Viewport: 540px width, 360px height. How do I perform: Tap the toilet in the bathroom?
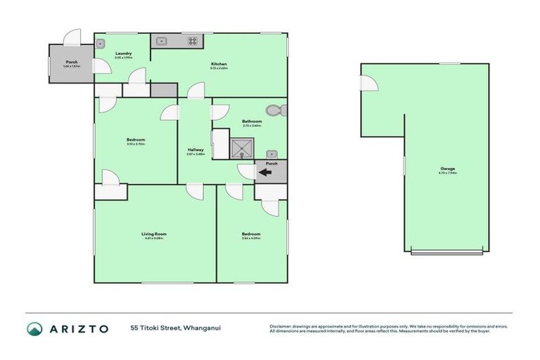point(275,110)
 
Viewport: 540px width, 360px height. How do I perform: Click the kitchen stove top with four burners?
point(192,41)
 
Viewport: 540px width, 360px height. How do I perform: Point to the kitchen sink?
point(161,41)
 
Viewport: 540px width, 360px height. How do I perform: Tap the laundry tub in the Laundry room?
point(101,42)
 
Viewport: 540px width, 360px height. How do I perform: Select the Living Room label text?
point(154,234)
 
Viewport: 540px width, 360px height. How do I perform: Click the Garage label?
point(447,169)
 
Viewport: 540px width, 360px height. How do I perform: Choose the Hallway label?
point(195,149)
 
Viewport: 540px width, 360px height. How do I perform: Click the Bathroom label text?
point(252,122)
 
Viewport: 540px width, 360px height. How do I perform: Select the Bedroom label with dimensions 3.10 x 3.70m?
point(136,141)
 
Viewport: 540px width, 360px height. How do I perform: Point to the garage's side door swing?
point(369,83)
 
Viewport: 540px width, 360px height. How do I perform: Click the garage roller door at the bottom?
point(447,252)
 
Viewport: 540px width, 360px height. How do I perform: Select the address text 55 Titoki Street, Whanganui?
point(175,328)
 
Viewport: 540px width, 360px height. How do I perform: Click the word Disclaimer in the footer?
point(282,326)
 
